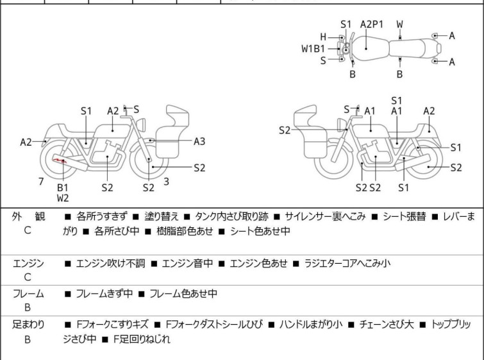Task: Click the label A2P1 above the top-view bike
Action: [x=372, y=24]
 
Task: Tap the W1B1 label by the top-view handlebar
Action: [x=313, y=48]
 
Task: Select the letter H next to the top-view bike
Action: [x=323, y=37]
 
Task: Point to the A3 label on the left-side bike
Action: [x=199, y=141]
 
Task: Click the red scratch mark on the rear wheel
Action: [x=60, y=160]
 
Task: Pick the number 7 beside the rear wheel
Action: [x=40, y=182]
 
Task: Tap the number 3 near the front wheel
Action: [x=166, y=182]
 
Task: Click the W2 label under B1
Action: [x=63, y=198]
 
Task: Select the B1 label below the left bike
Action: [x=63, y=187]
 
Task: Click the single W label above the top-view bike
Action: [x=399, y=24]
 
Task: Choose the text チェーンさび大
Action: [x=385, y=325]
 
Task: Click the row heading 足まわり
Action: [x=28, y=325]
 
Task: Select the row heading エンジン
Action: [x=28, y=263]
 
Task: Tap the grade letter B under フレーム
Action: [x=28, y=307]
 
